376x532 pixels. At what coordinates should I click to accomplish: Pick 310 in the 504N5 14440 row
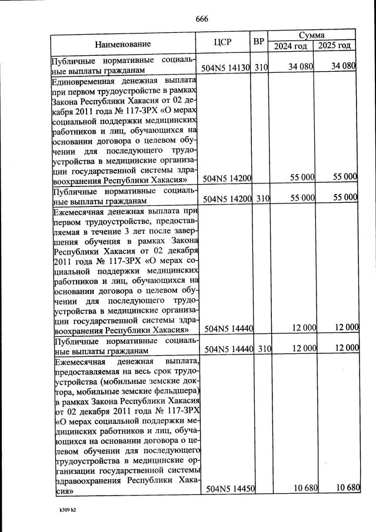click(x=264, y=349)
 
